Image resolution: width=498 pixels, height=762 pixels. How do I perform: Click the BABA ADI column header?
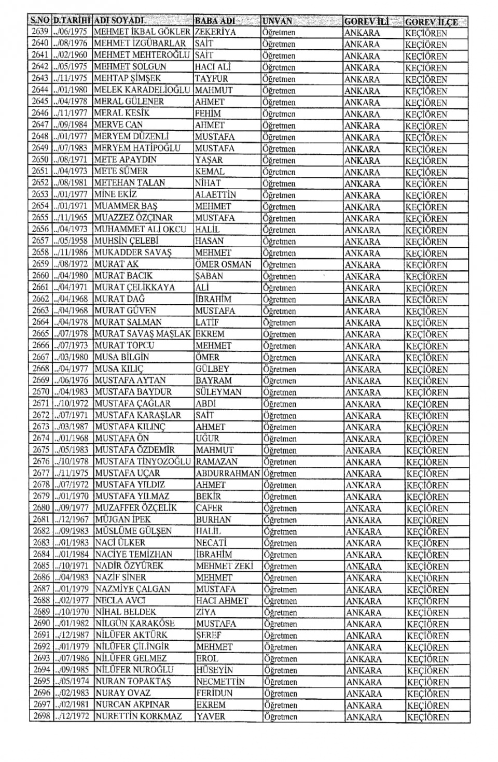(215, 21)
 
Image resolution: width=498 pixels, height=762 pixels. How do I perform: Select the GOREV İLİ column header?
(366, 22)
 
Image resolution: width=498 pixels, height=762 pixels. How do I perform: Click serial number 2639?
(40, 32)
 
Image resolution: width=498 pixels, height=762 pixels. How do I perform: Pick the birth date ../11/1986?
(71, 252)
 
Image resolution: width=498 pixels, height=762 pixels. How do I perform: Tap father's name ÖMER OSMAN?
(223, 264)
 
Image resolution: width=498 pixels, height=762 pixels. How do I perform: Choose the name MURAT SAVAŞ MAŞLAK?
(143, 334)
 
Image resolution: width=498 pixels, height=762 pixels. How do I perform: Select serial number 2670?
(40, 392)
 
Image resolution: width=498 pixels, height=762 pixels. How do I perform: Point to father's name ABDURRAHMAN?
(228, 473)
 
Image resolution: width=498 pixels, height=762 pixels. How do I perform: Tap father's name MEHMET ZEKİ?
(225, 566)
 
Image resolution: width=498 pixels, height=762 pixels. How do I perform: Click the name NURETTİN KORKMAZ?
(139, 716)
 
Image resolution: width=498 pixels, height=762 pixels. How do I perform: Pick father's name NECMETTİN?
(220, 682)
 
